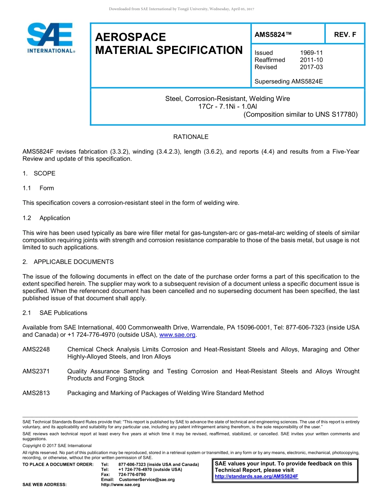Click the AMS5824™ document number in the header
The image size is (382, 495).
(x=273, y=35)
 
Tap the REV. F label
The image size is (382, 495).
(x=345, y=35)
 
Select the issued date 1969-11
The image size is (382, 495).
(x=311, y=53)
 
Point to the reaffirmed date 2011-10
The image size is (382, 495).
(x=311, y=60)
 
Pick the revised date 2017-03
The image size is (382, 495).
(x=311, y=67)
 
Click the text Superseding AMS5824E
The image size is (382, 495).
(x=289, y=81)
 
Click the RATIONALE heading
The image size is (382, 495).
(x=191, y=137)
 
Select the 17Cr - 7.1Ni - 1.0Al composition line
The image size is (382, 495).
(x=228, y=106)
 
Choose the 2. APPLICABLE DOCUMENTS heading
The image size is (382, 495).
(x=68, y=262)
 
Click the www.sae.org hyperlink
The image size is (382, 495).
(x=177, y=335)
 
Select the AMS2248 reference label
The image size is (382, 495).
(x=36, y=349)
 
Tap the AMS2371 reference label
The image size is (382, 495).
(x=36, y=371)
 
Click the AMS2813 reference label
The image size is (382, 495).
(x=36, y=393)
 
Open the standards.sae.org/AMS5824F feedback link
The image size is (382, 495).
(x=257, y=476)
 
